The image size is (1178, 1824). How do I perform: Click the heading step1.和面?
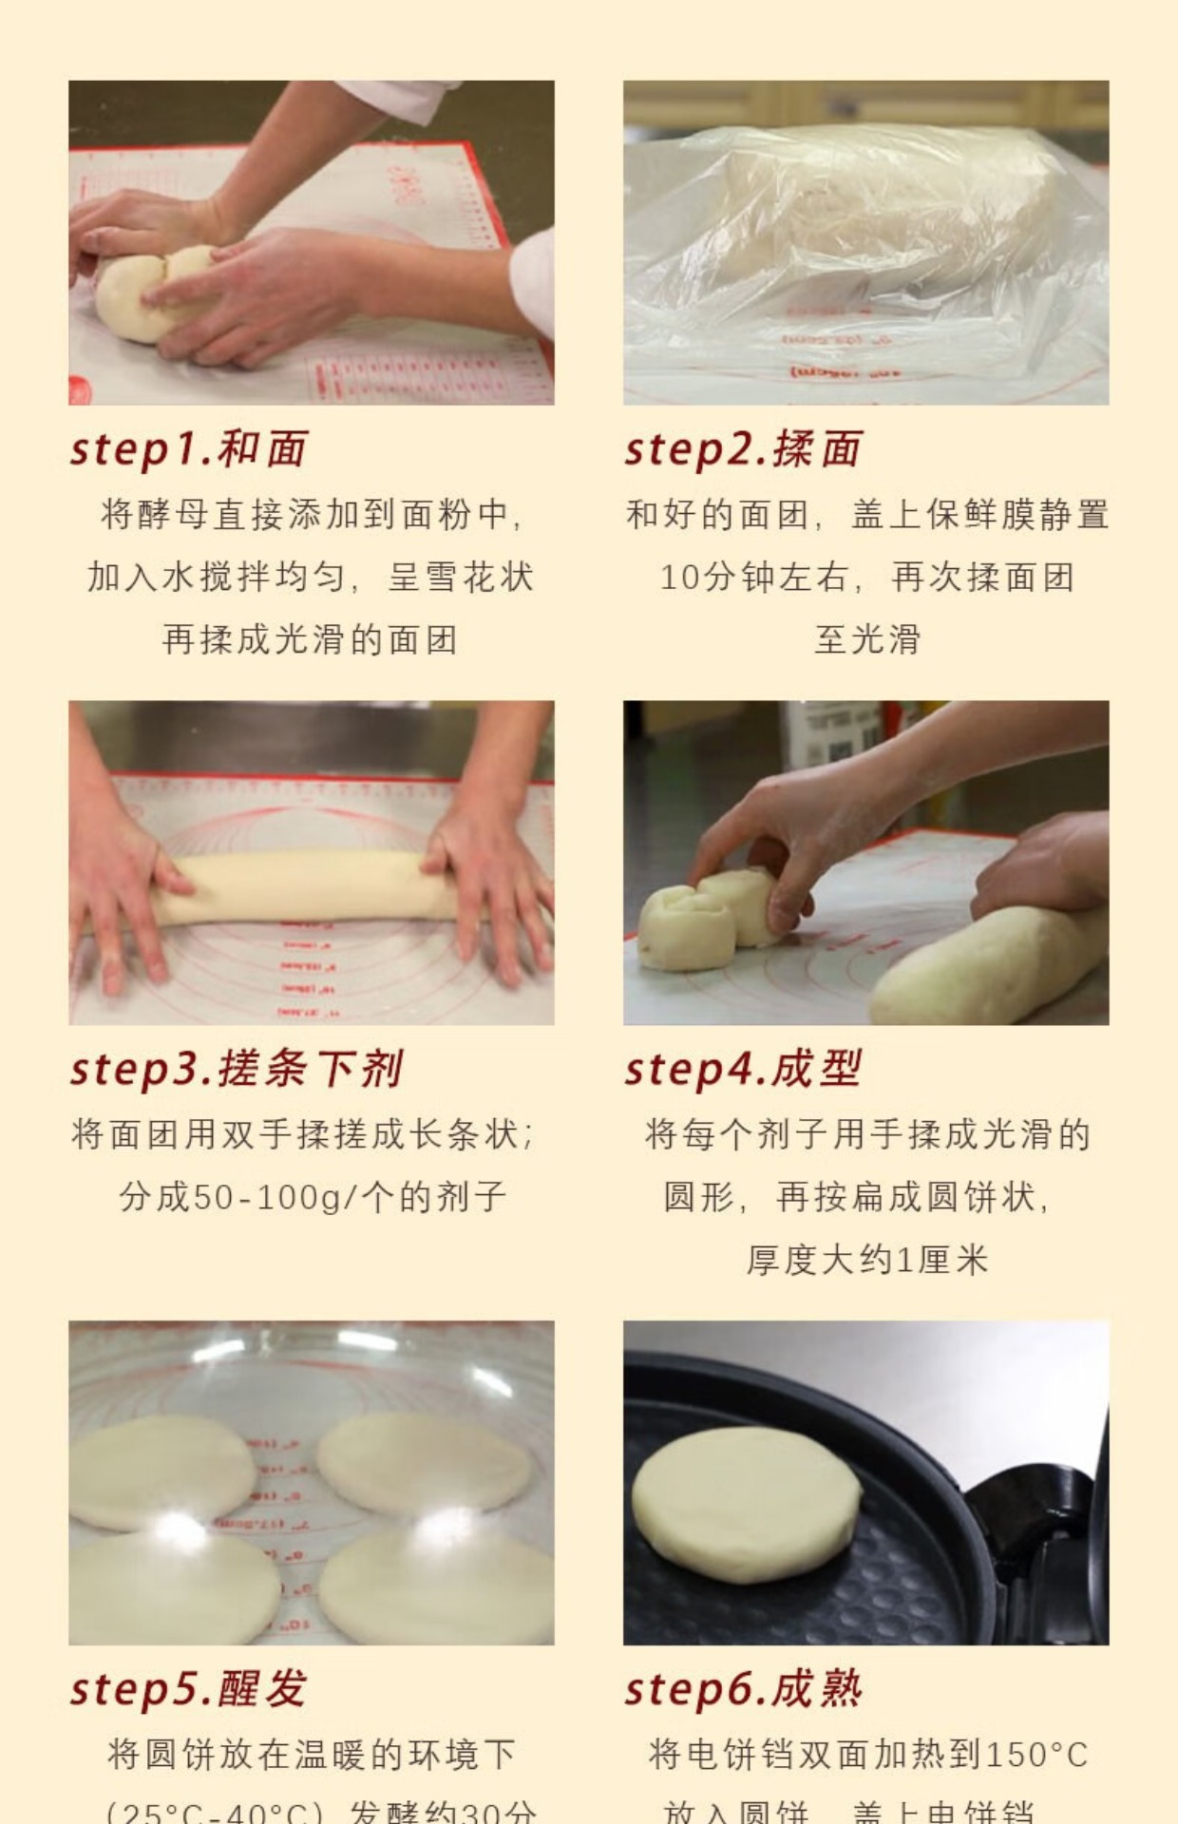188,448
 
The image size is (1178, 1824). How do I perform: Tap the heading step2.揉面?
743,448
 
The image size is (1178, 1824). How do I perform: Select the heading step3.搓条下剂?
237,1069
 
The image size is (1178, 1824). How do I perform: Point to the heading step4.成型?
743,1069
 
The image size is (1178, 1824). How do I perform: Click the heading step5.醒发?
188,1689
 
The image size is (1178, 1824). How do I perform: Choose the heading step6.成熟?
743,1689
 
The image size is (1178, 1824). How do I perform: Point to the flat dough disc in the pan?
746,1506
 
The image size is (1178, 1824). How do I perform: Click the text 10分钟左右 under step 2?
752,577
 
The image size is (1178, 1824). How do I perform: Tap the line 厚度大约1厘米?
866,1260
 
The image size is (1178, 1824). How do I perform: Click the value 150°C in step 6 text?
1035,1755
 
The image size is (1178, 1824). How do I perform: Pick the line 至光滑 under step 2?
866,639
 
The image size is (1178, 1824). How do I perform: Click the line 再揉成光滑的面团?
310,639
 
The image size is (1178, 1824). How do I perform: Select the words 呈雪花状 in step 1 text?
461,577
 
